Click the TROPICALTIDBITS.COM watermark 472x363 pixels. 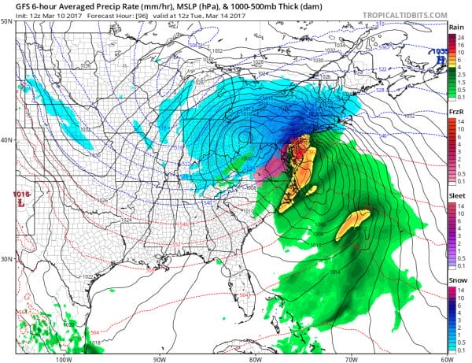(x=399, y=14)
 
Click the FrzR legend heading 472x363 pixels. (x=457, y=113)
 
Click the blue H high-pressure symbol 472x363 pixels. (x=444, y=58)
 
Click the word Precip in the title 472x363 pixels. (x=83, y=7)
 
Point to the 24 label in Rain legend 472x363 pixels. (x=463, y=38)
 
